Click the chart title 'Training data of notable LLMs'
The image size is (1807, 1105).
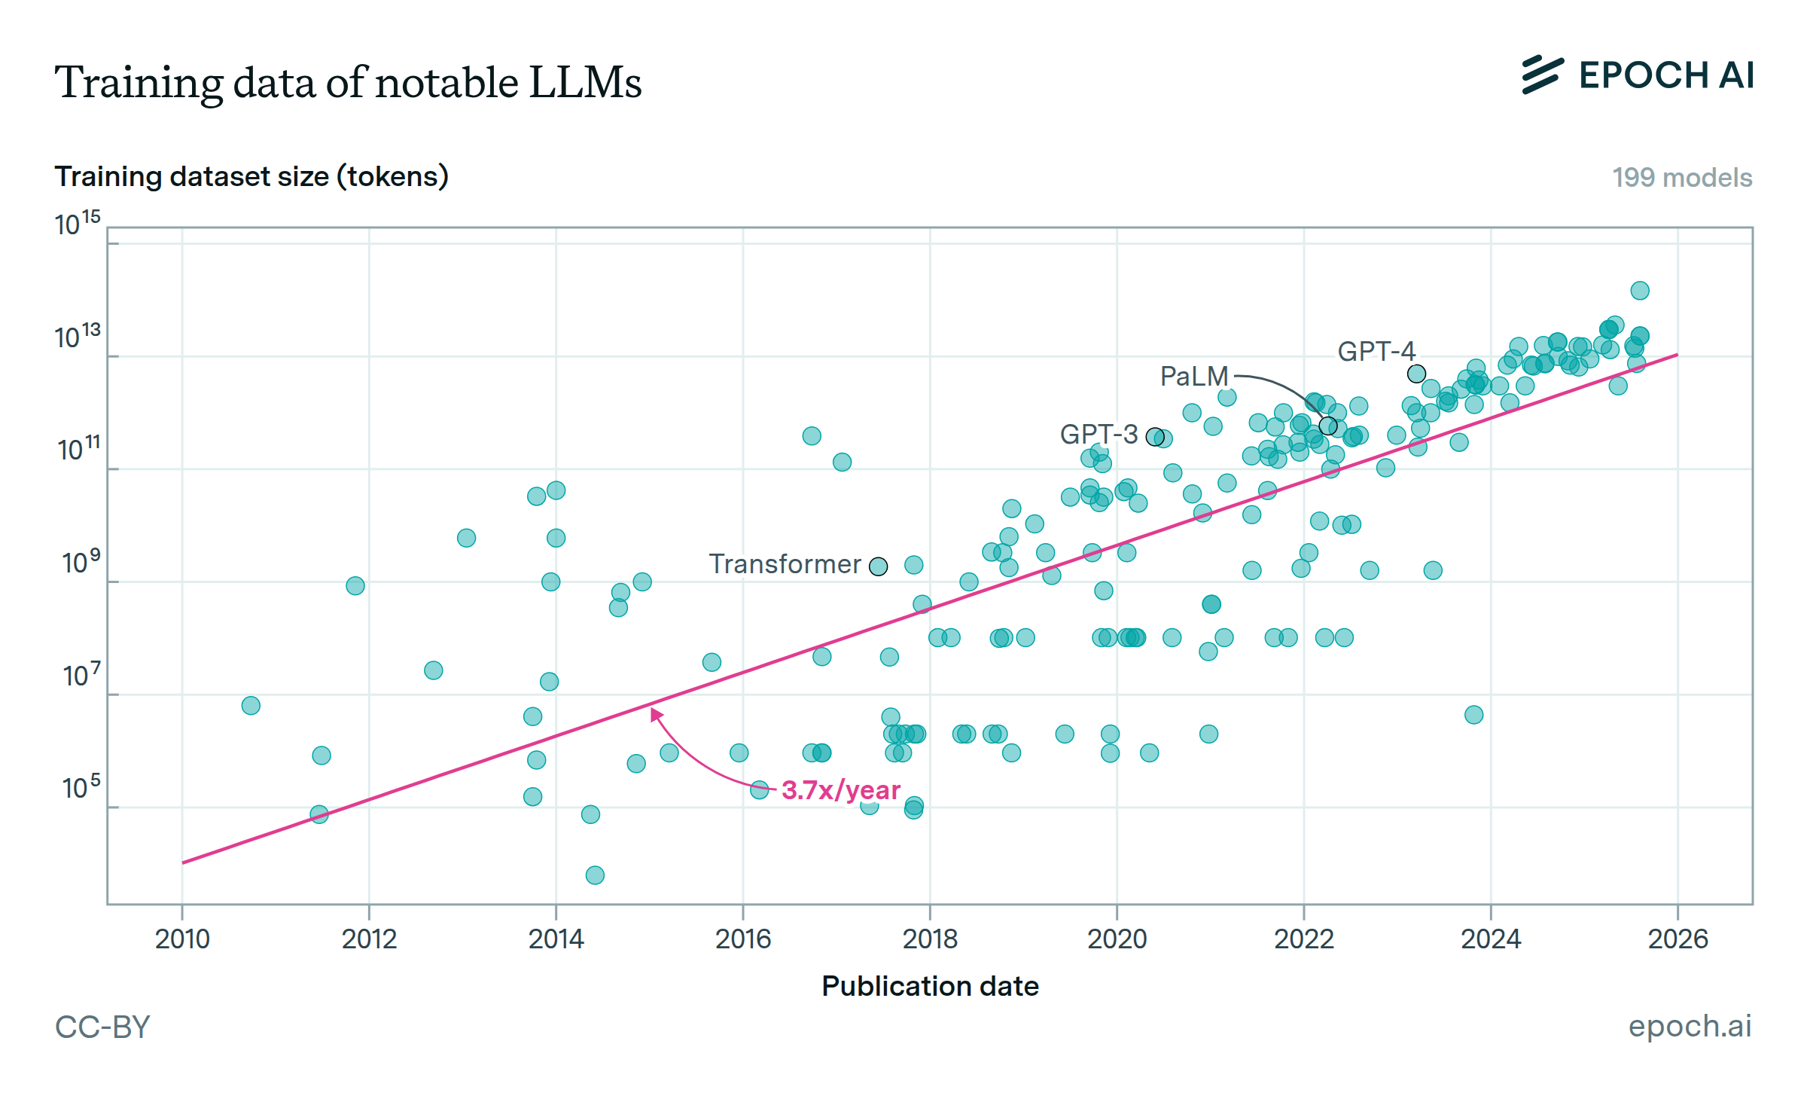[x=348, y=82]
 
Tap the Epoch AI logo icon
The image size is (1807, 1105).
[x=1542, y=75]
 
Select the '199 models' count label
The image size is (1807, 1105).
[x=1681, y=178]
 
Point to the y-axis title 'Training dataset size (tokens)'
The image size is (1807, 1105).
[x=251, y=176]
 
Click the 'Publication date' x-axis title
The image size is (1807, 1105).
[x=930, y=986]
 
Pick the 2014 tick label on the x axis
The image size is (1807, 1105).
[x=556, y=939]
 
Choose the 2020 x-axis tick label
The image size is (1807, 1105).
[x=1117, y=939]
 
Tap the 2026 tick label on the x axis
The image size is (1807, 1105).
[x=1677, y=939]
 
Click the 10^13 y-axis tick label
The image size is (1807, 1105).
[x=78, y=337]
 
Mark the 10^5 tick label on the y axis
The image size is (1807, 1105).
[x=81, y=788]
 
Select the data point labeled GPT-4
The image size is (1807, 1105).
[x=1416, y=374]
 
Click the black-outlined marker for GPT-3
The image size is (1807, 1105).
[x=1154, y=437]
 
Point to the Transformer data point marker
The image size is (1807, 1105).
[x=878, y=566]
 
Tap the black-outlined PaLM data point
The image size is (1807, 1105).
[x=1328, y=426]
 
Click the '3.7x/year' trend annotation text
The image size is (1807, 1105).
[x=840, y=790]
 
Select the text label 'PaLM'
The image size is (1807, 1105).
[x=1193, y=376]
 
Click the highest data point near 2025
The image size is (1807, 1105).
[x=1640, y=291]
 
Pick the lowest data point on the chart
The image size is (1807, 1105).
[x=595, y=875]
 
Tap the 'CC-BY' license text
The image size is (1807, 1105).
[x=102, y=1027]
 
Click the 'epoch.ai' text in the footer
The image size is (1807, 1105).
[x=1690, y=1026]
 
